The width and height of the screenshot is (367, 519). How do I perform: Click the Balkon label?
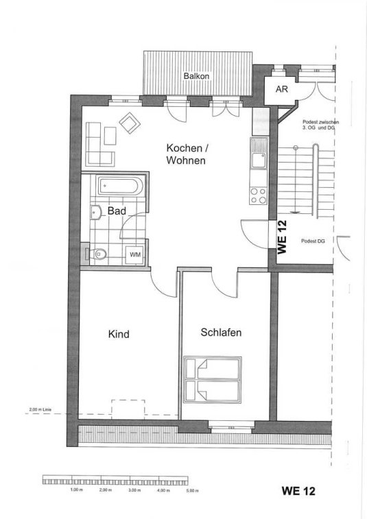click(196, 76)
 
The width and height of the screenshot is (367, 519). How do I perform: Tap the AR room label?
click(281, 89)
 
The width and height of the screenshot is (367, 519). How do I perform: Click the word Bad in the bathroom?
click(117, 211)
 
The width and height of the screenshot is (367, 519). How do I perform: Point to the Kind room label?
click(119, 334)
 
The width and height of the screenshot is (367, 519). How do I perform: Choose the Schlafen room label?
click(221, 333)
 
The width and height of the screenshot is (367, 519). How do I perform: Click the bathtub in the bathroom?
click(121, 186)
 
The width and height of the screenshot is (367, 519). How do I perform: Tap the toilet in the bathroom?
click(97, 254)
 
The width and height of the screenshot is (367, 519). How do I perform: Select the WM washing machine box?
click(135, 254)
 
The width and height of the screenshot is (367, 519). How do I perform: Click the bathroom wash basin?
click(96, 212)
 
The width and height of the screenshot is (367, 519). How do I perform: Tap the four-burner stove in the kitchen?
click(259, 195)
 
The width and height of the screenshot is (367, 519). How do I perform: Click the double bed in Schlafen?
click(213, 379)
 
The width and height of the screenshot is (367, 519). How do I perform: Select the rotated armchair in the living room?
click(130, 123)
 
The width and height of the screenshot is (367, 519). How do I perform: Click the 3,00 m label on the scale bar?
click(134, 490)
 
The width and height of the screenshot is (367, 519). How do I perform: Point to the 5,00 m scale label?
click(192, 490)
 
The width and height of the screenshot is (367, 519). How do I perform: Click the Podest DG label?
click(313, 241)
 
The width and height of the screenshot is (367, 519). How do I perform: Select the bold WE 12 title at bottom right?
click(298, 490)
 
